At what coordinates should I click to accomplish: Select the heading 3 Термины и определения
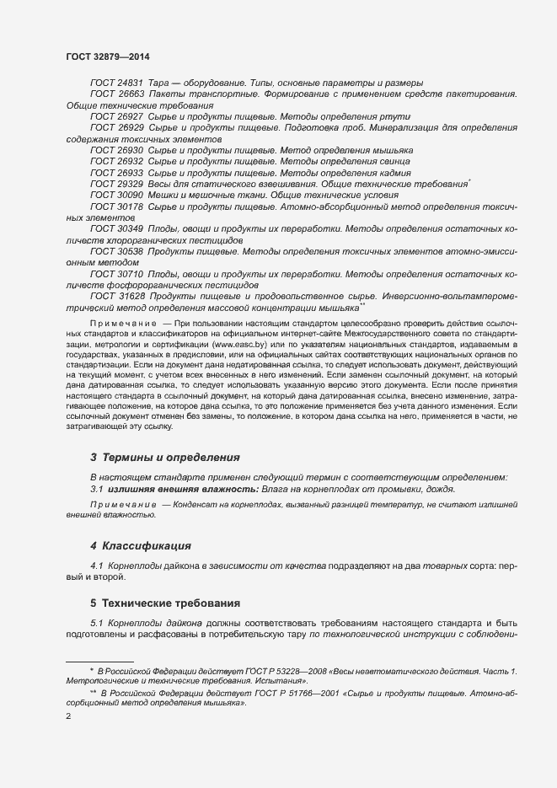(x=164, y=458)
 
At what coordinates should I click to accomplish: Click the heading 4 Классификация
(x=140, y=546)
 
